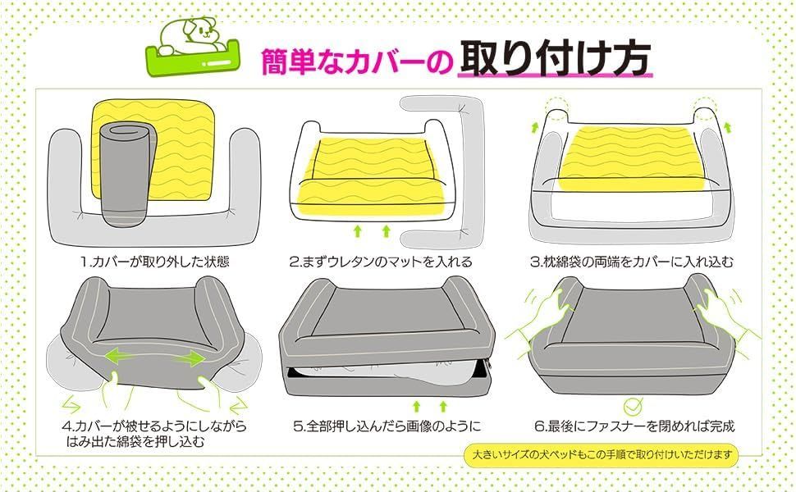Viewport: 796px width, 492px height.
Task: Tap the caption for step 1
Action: coord(155,262)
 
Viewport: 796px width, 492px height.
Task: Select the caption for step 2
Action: coord(380,262)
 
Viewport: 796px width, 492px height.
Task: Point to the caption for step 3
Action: coord(632,262)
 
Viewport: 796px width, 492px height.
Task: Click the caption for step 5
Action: coord(387,426)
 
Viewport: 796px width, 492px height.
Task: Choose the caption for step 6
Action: coord(634,426)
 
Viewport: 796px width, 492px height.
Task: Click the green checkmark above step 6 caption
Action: coord(633,406)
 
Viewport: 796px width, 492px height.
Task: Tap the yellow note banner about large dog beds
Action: coord(601,454)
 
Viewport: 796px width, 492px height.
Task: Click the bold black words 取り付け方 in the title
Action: coord(555,59)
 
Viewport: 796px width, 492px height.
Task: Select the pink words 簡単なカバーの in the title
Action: coord(356,62)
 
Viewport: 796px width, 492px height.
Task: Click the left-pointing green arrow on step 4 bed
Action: coord(121,355)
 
